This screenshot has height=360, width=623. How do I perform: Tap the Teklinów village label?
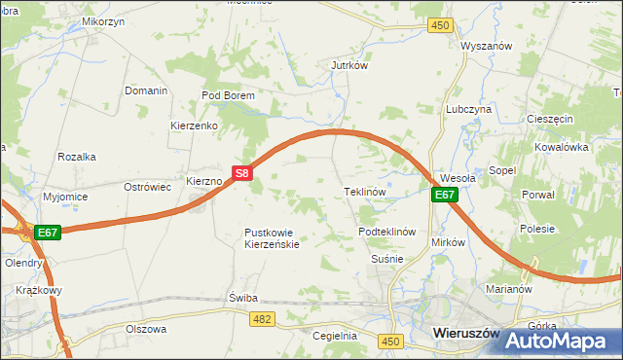pos(366,192)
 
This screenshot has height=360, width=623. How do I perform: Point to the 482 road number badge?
pos(260,319)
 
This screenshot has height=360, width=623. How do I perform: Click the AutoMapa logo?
pos(562,341)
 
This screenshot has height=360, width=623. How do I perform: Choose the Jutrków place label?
pos(348,66)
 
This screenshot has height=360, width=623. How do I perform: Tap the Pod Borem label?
pos(228,95)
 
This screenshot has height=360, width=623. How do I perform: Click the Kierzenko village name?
pos(194,126)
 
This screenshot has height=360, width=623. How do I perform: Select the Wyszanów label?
pos(487,46)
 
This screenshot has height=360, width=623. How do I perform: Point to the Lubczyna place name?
pos(468,110)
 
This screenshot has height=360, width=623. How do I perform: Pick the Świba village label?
pos(240,297)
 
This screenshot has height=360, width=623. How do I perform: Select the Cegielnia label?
pos(335,336)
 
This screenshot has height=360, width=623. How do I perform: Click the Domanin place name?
pos(146,90)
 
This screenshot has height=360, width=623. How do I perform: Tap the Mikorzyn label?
pos(103,20)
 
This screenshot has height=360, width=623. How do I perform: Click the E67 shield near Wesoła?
pos(445,195)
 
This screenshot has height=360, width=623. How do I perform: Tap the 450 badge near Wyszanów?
pos(441,25)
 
